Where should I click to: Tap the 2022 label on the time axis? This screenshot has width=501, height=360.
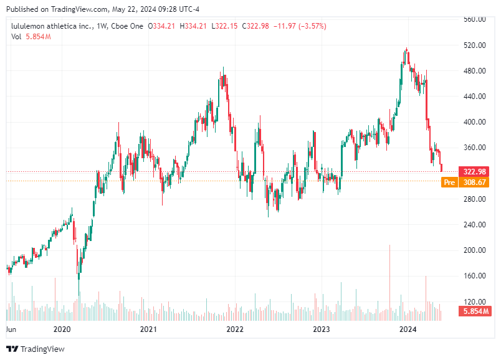tap(234, 329)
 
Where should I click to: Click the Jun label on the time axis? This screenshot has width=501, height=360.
tap(11, 329)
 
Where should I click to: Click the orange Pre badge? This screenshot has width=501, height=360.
tap(449, 182)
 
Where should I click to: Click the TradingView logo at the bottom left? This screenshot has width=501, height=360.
tap(35, 349)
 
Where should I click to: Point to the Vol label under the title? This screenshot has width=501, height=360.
tap(16, 37)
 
